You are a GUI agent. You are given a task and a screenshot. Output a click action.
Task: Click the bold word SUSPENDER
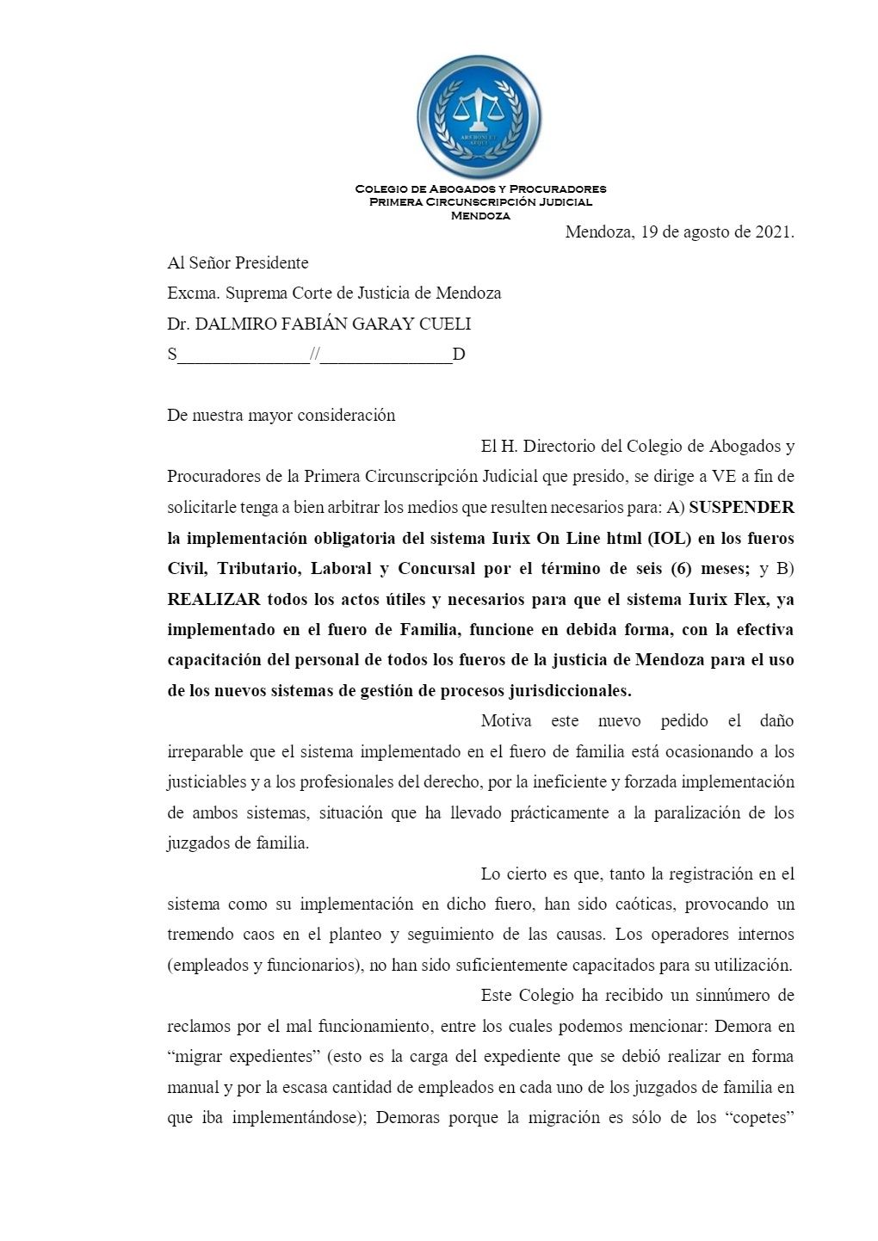point(741,507)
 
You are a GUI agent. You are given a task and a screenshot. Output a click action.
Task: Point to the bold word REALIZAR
point(213,599)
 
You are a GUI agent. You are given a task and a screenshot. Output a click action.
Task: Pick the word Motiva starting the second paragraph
point(505,720)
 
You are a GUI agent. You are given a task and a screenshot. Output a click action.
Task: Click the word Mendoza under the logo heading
point(480,216)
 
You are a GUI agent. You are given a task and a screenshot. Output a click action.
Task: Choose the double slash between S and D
point(315,355)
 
